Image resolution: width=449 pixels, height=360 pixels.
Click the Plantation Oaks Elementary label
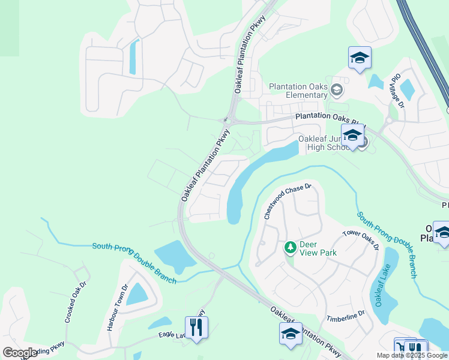pyautogui.click(x=298, y=91)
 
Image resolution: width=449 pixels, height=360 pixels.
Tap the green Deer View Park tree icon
pyautogui.click(x=290, y=247)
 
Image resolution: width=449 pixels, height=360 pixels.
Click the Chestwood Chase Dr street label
pyautogui.click(x=288, y=201)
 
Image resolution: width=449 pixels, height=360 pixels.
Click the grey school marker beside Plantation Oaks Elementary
pyautogui.click(x=337, y=91)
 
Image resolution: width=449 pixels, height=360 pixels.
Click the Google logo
pyautogui.click(x=20, y=353)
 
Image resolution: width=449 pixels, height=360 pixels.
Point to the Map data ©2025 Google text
pyautogui.click(x=412, y=355)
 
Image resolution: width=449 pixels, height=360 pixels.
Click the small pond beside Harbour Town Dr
pyautogui.click(x=136, y=293)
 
